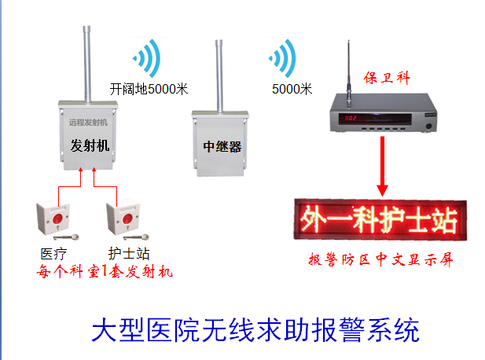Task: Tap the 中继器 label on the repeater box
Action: [221, 146]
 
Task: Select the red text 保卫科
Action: [385, 78]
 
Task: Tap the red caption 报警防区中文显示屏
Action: [380, 259]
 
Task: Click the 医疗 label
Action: [53, 253]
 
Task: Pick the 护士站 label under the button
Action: [128, 253]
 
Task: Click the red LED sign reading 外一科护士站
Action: [377, 220]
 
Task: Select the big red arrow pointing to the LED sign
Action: [383, 165]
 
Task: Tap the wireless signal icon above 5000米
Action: [283, 58]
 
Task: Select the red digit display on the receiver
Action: [350, 119]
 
